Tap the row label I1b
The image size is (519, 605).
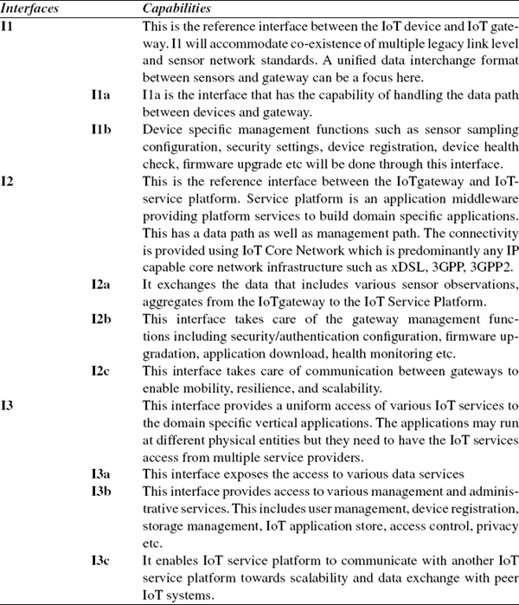(101, 129)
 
